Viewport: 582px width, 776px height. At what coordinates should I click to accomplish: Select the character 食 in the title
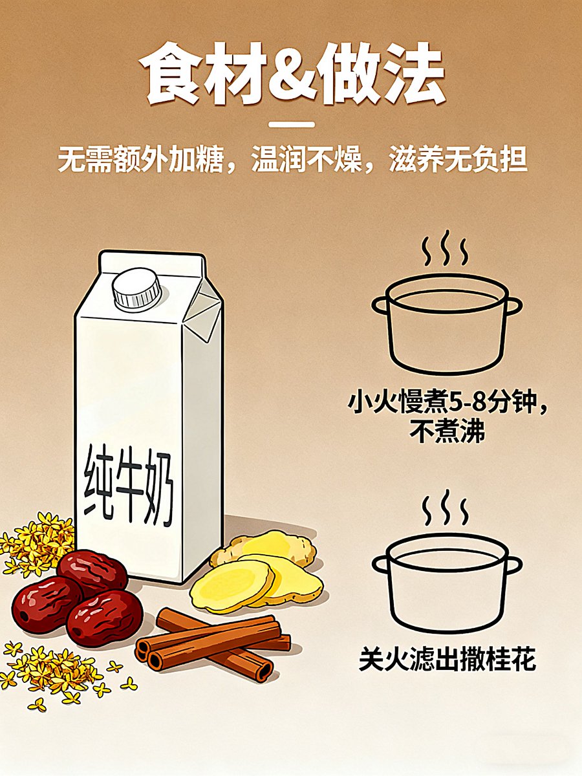(x=171, y=74)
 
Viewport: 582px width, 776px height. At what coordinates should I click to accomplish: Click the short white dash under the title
(x=291, y=124)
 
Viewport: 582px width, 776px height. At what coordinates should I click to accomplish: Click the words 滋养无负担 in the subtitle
(x=458, y=160)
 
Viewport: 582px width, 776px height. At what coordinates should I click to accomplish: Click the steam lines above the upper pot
(x=446, y=248)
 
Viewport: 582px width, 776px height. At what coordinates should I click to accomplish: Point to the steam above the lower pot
(x=446, y=508)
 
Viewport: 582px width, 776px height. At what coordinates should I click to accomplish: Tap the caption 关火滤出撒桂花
(x=447, y=660)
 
